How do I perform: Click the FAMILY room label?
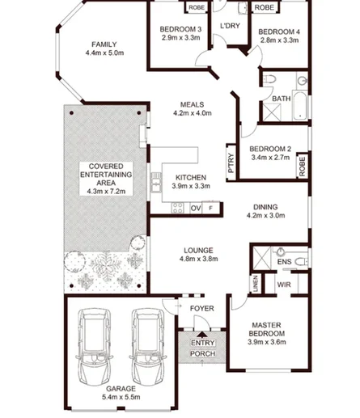[104, 44]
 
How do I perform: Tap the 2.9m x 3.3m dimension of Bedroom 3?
[181, 37]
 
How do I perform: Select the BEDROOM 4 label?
[278, 32]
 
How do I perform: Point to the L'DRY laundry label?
[230, 27]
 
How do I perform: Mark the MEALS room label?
[192, 103]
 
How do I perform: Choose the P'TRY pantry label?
[231, 164]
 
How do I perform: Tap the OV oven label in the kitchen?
[195, 208]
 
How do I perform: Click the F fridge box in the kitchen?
[211, 208]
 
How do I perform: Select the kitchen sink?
[155, 184]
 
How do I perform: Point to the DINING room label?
[265, 206]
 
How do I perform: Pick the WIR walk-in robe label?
[284, 285]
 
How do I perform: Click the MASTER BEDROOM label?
[266, 330]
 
